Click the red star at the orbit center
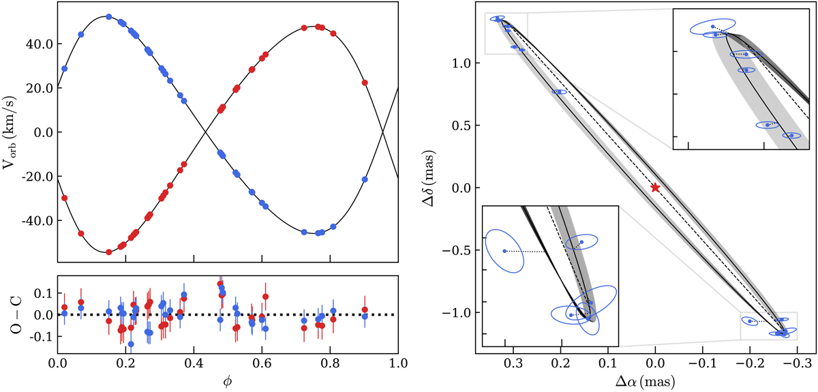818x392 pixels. click(x=655, y=187)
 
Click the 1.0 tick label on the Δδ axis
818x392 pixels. click(x=470, y=63)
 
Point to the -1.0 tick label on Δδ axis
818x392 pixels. click(x=467, y=312)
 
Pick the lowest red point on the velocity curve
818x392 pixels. click(x=109, y=252)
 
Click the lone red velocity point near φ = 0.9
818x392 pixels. click(x=365, y=82)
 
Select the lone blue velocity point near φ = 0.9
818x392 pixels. click(x=365, y=179)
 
